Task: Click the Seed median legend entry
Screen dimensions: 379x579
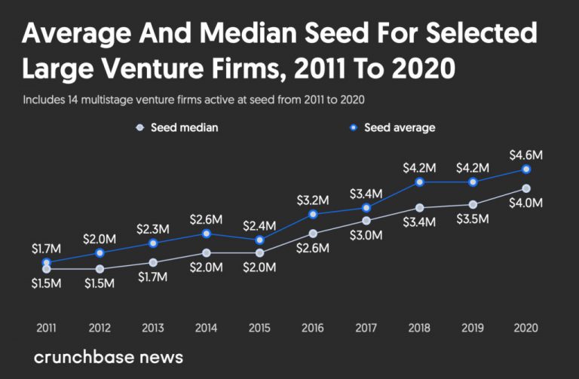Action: point(178,128)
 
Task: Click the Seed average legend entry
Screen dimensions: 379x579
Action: point(392,128)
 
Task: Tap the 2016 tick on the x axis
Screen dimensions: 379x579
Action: point(313,329)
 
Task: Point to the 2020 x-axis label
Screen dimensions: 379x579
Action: point(526,329)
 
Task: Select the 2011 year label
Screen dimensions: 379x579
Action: point(47,329)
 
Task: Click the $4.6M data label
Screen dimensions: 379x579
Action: point(526,155)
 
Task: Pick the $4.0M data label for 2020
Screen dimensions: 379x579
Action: point(526,203)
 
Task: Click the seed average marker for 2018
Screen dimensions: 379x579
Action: point(420,182)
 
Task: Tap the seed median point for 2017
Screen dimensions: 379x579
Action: point(366,221)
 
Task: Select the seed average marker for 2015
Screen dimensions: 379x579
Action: point(259,240)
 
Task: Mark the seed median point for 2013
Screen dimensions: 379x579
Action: point(153,262)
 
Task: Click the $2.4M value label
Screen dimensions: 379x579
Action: point(259,226)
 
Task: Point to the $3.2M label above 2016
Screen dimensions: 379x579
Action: point(313,200)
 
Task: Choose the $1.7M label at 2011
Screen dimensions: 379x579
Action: point(47,247)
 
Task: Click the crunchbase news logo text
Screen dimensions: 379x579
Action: point(109,356)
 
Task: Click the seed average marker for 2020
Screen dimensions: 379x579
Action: point(526,170)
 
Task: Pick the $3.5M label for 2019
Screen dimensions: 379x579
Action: point(473,219)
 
